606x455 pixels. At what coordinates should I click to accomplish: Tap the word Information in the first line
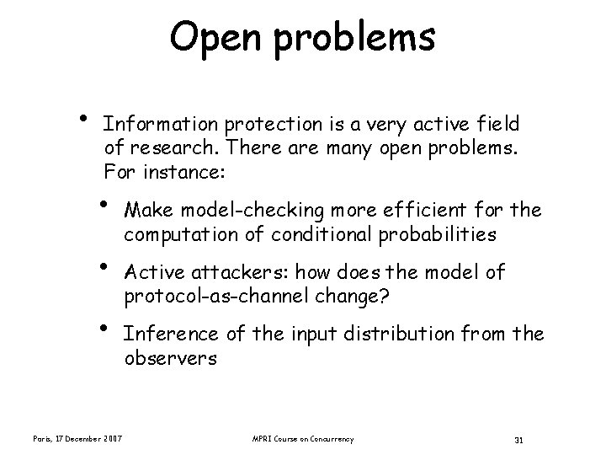click(161, 125)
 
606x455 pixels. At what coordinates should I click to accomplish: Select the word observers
click(170, 359)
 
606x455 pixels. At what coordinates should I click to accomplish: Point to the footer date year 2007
click(113, 439)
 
